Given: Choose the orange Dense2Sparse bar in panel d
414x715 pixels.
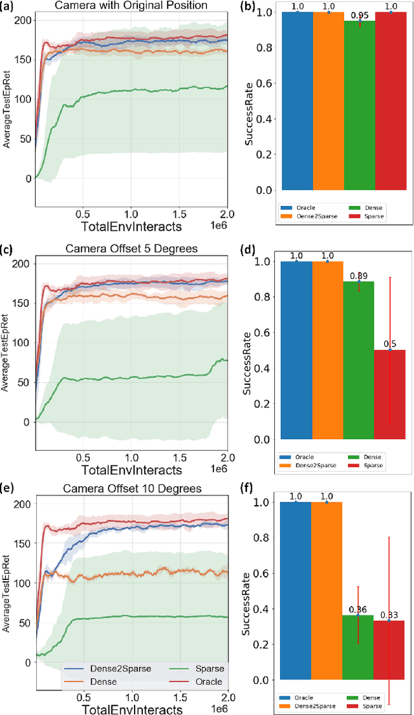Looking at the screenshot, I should click(327, 349).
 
